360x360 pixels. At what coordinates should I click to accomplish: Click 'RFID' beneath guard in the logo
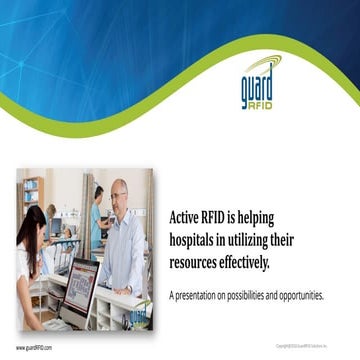pos(259,103)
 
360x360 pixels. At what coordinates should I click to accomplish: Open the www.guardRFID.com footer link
pos(34,348)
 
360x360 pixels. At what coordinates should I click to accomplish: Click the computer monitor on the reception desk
pos(78,291)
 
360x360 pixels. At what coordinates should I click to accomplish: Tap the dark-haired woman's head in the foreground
pos(31,226)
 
